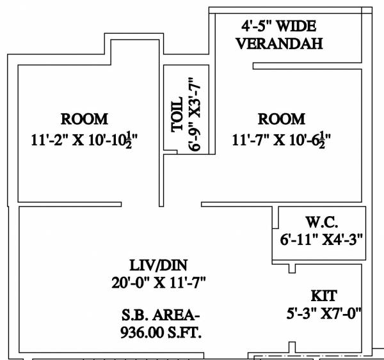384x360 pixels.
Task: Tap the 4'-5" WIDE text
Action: click(x=276, y=27)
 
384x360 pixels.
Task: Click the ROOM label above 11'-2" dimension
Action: click(x=84, y=119)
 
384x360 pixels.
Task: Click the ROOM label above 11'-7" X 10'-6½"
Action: click(x=281, y=119)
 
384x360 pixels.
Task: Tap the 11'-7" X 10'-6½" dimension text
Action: click(x=281, y=138)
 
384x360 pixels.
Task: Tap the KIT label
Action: click(x=324, y=296)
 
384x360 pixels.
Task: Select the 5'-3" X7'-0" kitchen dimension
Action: click(x=324, y=313)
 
